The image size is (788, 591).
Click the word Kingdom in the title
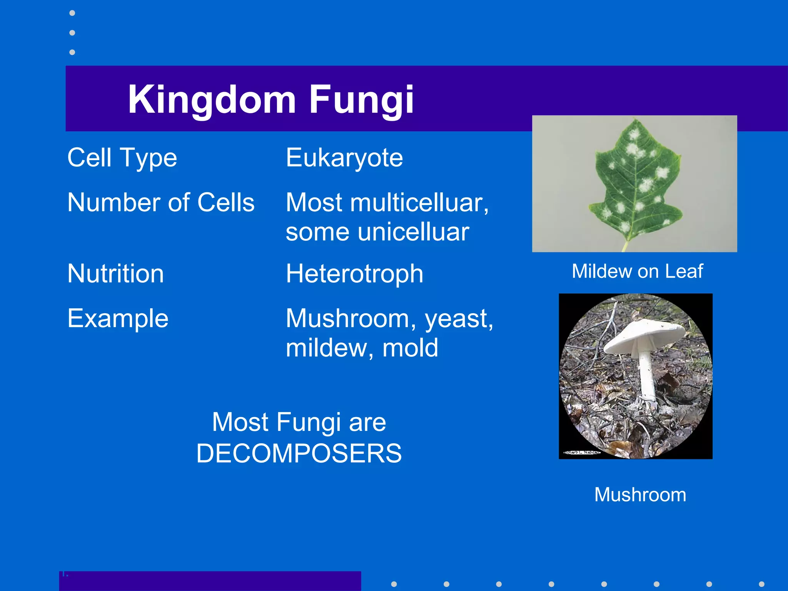click(x=212, y=100)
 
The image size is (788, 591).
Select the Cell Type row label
click(x=122, y=158)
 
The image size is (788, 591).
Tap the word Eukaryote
click(x=344, y=158)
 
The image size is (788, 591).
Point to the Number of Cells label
click(x=160, y=203)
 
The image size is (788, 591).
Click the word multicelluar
click(x=419, y=203)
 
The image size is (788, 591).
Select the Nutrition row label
click(x=115, y=274)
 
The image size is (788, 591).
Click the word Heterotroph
click(x=354, y=274)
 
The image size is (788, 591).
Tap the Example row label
click(x=118, y=319)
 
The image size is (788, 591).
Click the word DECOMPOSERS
click(x=299, y=453)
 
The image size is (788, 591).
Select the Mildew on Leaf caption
click(x=637, y=271)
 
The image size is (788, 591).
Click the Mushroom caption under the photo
click(x=640, y=495)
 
